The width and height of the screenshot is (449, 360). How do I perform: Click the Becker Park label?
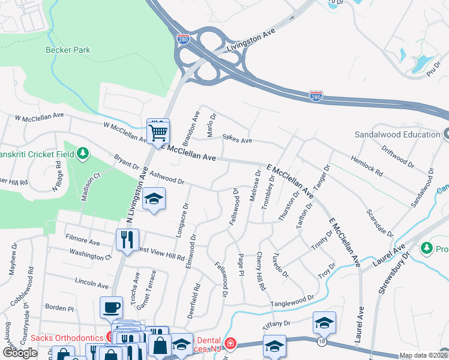click(x=68, y=50)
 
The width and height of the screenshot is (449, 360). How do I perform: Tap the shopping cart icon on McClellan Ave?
click(x=158, y=131)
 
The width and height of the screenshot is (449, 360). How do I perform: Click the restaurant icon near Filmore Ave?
click(x=127, y=241)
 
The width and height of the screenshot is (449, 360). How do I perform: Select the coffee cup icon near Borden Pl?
click(x=111, y=308)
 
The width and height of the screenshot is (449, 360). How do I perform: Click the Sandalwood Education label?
click(x=397, y=134)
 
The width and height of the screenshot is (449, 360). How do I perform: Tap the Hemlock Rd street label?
click(x=366, y=164)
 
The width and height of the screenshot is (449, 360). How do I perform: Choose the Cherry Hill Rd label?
click(x=262, y=272)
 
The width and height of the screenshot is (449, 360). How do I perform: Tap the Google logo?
click(x=20, y=352)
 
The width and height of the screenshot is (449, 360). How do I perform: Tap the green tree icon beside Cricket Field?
click(x=83, y=155)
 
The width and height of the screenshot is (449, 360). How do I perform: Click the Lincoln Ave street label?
click(x=91, y=283)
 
